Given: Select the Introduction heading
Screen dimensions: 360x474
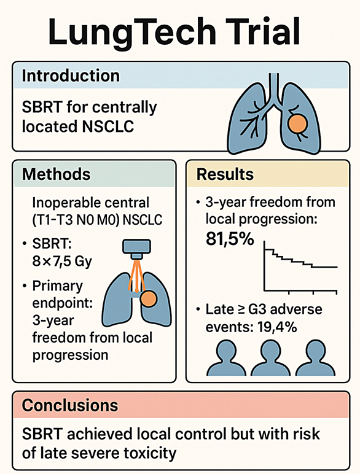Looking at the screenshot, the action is click(71, 76).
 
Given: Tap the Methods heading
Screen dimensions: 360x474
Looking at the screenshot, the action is click(57, 174).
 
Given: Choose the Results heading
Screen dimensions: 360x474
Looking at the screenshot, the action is click(225, 174).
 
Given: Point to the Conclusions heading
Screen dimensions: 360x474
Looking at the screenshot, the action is click(70, 405).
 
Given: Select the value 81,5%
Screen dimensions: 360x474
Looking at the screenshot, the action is click(230, 239).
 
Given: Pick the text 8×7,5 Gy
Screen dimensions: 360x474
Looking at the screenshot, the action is click(62, 262).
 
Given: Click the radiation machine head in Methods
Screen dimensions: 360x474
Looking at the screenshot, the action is click(136, 249).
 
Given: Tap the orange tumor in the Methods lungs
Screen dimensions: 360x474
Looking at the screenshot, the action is click(148, 298).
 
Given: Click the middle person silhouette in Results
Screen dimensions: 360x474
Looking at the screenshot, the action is click(270, 357).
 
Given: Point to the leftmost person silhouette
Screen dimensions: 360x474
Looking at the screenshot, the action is click(226, 357).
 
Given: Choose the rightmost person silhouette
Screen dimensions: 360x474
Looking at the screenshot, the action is click(315, 357).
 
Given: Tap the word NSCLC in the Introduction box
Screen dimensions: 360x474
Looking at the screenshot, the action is click(108, 126).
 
